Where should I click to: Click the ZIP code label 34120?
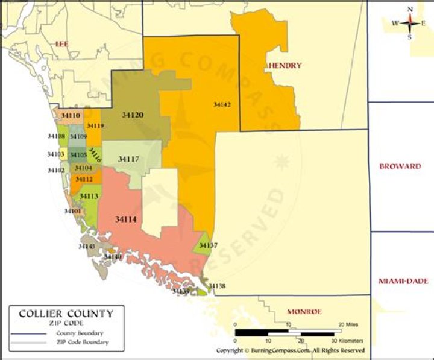click(132, 115)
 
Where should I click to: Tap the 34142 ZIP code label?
click(222, 104)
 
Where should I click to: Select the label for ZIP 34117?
click(128, 159)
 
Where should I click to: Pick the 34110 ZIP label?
click(71, 115)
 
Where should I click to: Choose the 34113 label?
click(89, 197)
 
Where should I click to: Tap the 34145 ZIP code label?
click(87, 247)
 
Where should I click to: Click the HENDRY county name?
click(285, 65)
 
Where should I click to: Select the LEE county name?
click(61, 43)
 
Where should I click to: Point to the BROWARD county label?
click(400, 166)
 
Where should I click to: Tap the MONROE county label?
click(304, 312)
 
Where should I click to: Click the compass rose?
click(410, 23)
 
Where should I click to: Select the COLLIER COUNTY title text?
click(66, 314)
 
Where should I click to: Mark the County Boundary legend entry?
click(79, 333)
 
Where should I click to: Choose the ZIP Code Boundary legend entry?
click(83, 343)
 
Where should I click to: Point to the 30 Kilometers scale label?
click(348, 341)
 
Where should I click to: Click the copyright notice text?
click(291, 350)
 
